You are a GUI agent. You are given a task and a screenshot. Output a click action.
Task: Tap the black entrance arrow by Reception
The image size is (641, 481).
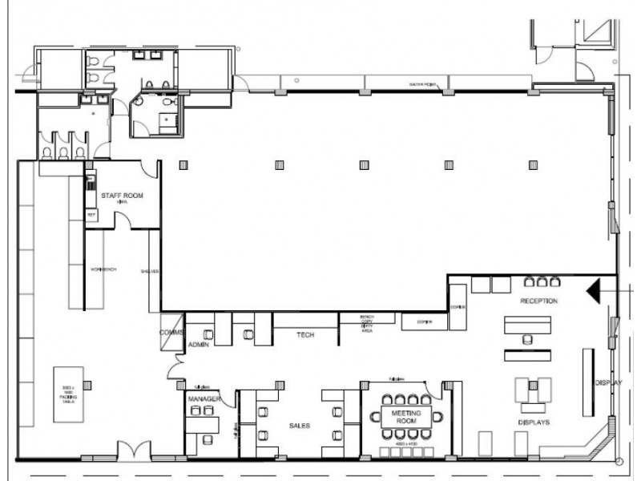click(596, 289)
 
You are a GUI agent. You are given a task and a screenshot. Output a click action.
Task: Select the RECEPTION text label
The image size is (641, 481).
click(538, 301)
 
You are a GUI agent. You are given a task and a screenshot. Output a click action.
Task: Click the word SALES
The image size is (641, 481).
click(299, 426)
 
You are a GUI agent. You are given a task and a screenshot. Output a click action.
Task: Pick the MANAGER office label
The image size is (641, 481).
click(204, 398)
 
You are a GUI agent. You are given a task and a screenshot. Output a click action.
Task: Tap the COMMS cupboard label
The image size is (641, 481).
click(172, 333)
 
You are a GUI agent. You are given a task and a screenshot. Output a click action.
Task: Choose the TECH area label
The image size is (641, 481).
click(304, 335)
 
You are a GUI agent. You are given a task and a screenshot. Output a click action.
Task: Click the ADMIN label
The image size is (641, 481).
click(198, 344)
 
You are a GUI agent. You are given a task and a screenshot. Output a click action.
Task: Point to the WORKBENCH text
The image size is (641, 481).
click(103, 269)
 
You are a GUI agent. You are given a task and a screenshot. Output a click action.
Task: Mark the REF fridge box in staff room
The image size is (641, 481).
click(91, 216)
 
